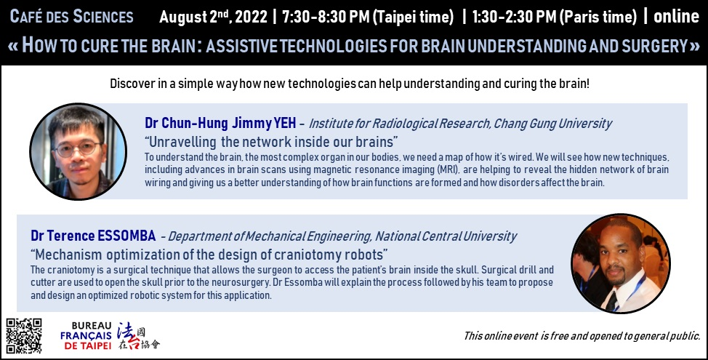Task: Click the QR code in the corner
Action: [x=24, y=336]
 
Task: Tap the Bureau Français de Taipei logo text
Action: [x=86, y=335]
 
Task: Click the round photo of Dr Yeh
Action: [x=78, y=151]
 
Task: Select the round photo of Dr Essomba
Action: [x=621, y=263]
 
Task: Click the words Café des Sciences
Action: [x=71, y=17]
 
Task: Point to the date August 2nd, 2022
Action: [x=214, y=17]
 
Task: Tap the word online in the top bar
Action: [x=677, y=17]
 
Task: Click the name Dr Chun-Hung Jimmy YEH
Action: [x=220, y=123]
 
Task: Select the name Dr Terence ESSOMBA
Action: [x=93, y=236]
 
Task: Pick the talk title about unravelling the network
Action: [x=271, y=142]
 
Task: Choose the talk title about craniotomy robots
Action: [x=209, y=255]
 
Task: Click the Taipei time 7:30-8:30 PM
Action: [x=368, y=17]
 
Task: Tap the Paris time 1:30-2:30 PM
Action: [x=555, y=17]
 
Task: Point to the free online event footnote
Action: [x=582, y=336]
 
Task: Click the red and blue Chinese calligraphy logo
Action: [x=139, y=336]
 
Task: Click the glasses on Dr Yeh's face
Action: [x=77, y=148]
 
